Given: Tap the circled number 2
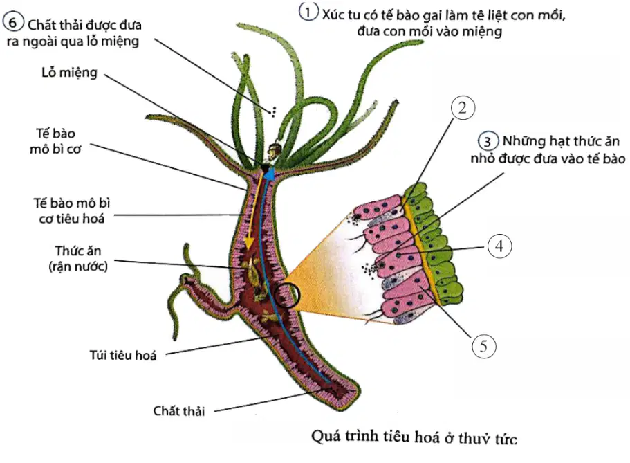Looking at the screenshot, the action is pos(463,108).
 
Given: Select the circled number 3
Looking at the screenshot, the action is pos(488,141).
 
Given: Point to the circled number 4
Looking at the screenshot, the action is pos(499,246).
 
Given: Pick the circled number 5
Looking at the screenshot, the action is pos(484,346).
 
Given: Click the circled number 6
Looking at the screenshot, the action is pos(13,22).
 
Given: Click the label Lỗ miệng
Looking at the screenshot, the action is pos(70,73).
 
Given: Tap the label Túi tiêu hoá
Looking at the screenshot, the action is pos(122,355).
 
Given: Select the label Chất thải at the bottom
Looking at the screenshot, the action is pos(179,411).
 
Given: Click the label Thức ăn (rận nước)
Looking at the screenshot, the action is pos(78,259).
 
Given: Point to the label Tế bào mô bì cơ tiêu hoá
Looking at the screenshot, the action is pos(71,211).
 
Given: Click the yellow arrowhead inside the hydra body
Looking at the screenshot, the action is pos(249,242).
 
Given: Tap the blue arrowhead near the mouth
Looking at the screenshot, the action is pos(270,174).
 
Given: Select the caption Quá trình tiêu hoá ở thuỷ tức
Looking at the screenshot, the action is pos(414,437).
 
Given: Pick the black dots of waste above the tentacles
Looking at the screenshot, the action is pos(274,112).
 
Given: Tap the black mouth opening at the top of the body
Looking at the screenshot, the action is pos(265,167).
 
